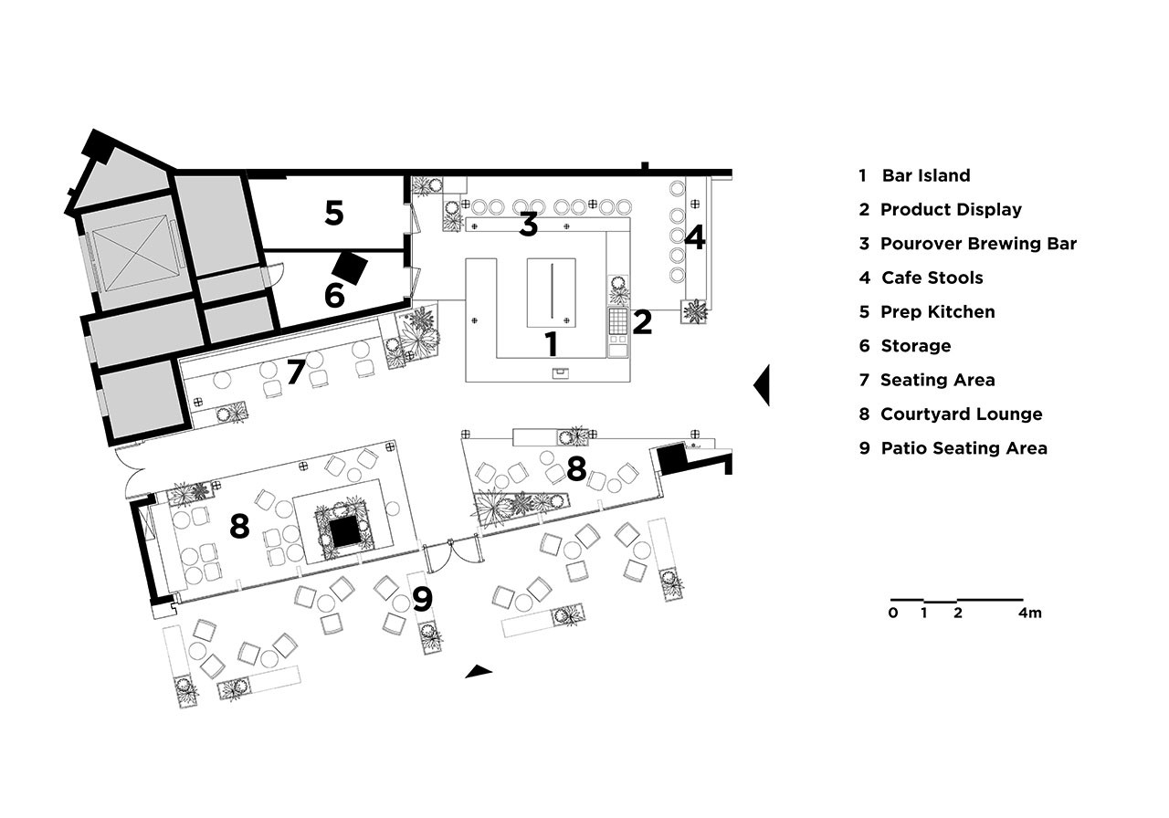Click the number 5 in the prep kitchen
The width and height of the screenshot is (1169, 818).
click(334, 213)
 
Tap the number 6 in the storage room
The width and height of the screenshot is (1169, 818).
click(334, 295)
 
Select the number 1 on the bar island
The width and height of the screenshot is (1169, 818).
click(551, 344)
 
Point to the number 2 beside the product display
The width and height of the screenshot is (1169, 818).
click(642, 322)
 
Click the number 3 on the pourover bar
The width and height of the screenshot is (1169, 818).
click(528, 225)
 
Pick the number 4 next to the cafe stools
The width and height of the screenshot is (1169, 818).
click(695, 237)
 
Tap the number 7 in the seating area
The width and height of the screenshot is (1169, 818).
click(296, 372)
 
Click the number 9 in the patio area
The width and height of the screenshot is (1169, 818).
click(422, 599)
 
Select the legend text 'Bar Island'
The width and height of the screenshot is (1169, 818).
click(926, 175)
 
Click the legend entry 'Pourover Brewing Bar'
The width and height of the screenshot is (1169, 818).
click(978, 244)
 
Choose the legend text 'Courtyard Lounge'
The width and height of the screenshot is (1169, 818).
click(962, 414)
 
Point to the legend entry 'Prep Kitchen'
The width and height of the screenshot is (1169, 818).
click(938, 312)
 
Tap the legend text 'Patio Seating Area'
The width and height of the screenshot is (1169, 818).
click(964, 448)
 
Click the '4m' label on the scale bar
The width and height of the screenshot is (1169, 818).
click(1029, 613)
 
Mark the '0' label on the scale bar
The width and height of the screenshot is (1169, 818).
click(893, 613)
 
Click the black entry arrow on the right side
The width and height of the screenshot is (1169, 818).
click(762, 385)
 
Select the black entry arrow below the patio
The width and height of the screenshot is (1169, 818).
click(478, 671)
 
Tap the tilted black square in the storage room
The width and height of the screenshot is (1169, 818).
click(350, 268)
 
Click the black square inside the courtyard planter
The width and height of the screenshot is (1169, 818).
click(343, 532)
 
